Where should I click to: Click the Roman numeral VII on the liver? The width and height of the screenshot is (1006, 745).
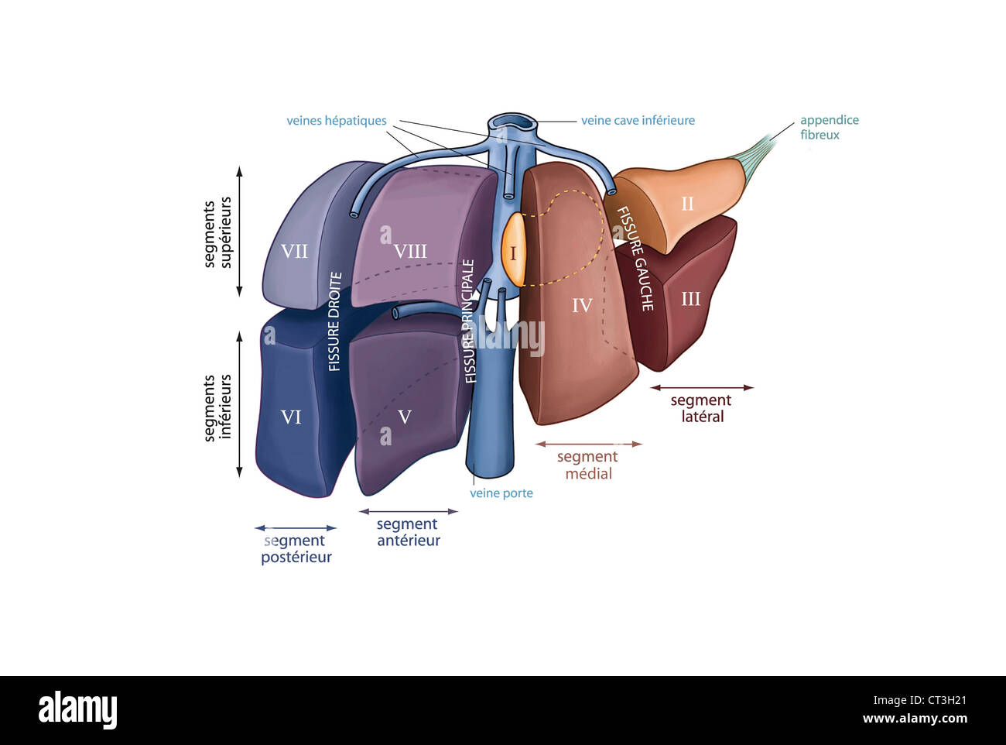click(x=294, y=252)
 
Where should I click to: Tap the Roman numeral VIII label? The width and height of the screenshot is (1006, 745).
click(x=410, y=252)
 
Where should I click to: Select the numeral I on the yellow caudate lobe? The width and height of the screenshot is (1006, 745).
click(x=512, y=253)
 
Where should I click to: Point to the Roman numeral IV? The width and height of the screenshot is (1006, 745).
click(x=582, y=306)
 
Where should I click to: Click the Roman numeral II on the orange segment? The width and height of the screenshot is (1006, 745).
click(x=687, y=204)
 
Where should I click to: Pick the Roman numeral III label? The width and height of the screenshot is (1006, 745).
click(x=690, y=299)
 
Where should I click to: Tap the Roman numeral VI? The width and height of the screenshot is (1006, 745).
click(x=291, y=417)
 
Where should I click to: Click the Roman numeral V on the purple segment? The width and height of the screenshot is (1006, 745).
click(x=404, y=417)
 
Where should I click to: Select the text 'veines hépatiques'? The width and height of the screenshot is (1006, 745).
click(x=337, y=121)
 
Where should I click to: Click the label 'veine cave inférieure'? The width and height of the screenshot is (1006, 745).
click(x=638, y=121)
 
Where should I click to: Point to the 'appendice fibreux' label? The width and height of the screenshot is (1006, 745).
click(x=829, y=128)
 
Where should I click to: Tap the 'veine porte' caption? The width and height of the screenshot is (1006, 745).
click(x=501, y=493)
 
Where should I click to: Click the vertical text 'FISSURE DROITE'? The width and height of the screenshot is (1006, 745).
click(x=334, y=321)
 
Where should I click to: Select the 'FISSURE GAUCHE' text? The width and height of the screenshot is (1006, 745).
click(x=635, y=259)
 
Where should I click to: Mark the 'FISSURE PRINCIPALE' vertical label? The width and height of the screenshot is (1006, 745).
click(x=470, y=321)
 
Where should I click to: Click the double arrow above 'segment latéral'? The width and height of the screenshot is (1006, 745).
click(x=701, y=387)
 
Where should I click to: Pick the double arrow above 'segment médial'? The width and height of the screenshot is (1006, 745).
click(x=589, y=445)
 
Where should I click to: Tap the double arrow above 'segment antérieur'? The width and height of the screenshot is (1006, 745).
click(x=409, y=511)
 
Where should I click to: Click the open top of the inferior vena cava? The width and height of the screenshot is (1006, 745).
click(x=512, y=122)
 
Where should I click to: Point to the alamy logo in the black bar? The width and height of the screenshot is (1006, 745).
click(x=77, y=710)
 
